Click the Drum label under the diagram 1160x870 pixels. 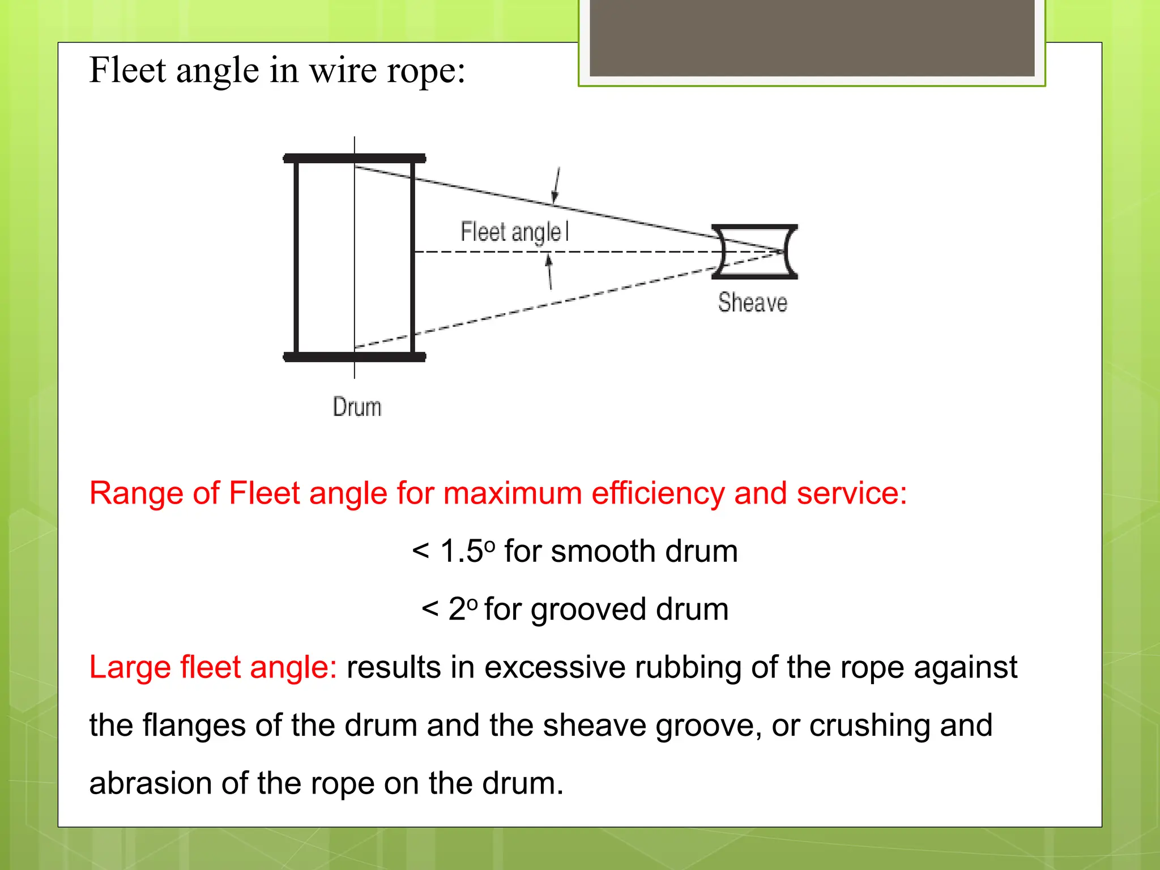(x=357, y=407)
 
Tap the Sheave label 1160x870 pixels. (x=752, y=302)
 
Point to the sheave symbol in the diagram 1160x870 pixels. (x=754, y=252)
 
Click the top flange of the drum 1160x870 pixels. (x=354, y=158)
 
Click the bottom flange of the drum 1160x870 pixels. (x=354, y=357)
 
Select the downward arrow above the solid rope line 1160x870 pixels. (x=557, y=185)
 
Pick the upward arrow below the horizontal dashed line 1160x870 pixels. (x=549, y=272)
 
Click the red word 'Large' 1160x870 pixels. (x=130, y=667)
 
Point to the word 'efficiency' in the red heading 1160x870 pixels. (x=658, y=493)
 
